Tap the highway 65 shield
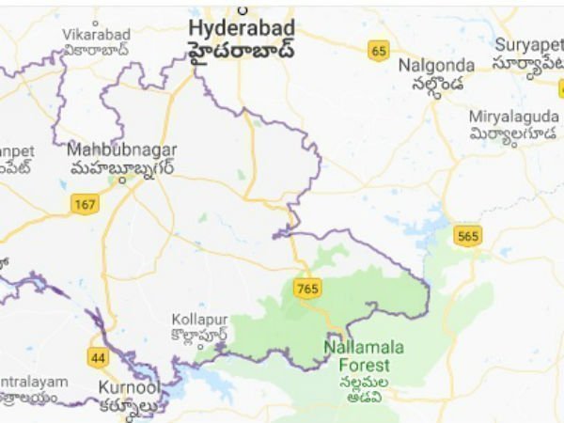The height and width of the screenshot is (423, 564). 379,51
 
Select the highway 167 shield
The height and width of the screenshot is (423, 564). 86,203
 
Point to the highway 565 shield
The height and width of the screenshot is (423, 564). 467,236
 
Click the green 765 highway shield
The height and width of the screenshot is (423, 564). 306,289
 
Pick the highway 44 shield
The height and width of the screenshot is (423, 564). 98,357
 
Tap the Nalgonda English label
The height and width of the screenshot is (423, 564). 436,65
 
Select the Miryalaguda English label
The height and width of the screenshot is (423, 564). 515,116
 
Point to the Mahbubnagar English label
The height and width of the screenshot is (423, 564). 121,149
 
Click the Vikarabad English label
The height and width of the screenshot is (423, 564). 96,34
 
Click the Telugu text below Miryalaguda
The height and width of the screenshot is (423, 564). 515,133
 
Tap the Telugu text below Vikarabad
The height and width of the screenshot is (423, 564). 96,51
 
